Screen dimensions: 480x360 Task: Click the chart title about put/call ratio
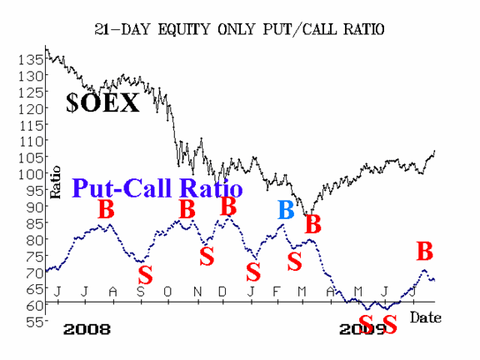tap(239, 30)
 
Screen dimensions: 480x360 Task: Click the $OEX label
tap(102, 102)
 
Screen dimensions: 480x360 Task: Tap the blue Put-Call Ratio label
tap(157, 188)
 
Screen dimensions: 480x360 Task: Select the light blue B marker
tap(286, 210)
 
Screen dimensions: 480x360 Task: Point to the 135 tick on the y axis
tap(31, 59)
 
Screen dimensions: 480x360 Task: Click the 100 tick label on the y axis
tap(31, 174)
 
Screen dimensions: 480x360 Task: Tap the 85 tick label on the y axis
tap(35, 224)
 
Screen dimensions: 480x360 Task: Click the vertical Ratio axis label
tap(55, 182)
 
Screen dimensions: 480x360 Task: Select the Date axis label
tap(426, 317)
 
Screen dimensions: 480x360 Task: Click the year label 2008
tap(87, 329)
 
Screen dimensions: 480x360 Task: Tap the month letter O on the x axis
tap(167, 292)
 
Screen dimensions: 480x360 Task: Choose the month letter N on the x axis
tap(197, 292)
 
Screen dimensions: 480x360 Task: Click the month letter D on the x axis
tap(222, 292)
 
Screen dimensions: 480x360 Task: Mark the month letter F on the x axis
tap(277, 292)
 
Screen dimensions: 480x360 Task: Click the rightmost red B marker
tap(425, 251)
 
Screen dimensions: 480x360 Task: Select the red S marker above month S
tap(145, 275)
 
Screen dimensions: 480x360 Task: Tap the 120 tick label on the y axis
tap(31, 108)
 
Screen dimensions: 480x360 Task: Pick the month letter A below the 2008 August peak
tap(113, 292)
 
